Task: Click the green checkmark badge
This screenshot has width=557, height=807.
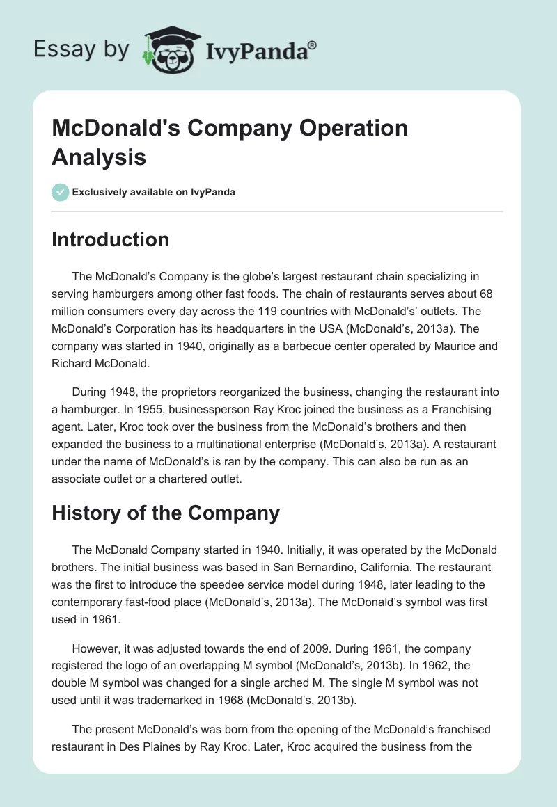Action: click(61, 191)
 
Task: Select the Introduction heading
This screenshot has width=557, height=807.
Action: click(111, 239)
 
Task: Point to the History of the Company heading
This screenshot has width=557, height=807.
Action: click(166, 513)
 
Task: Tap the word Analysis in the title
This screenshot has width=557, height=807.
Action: click(99, 157)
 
